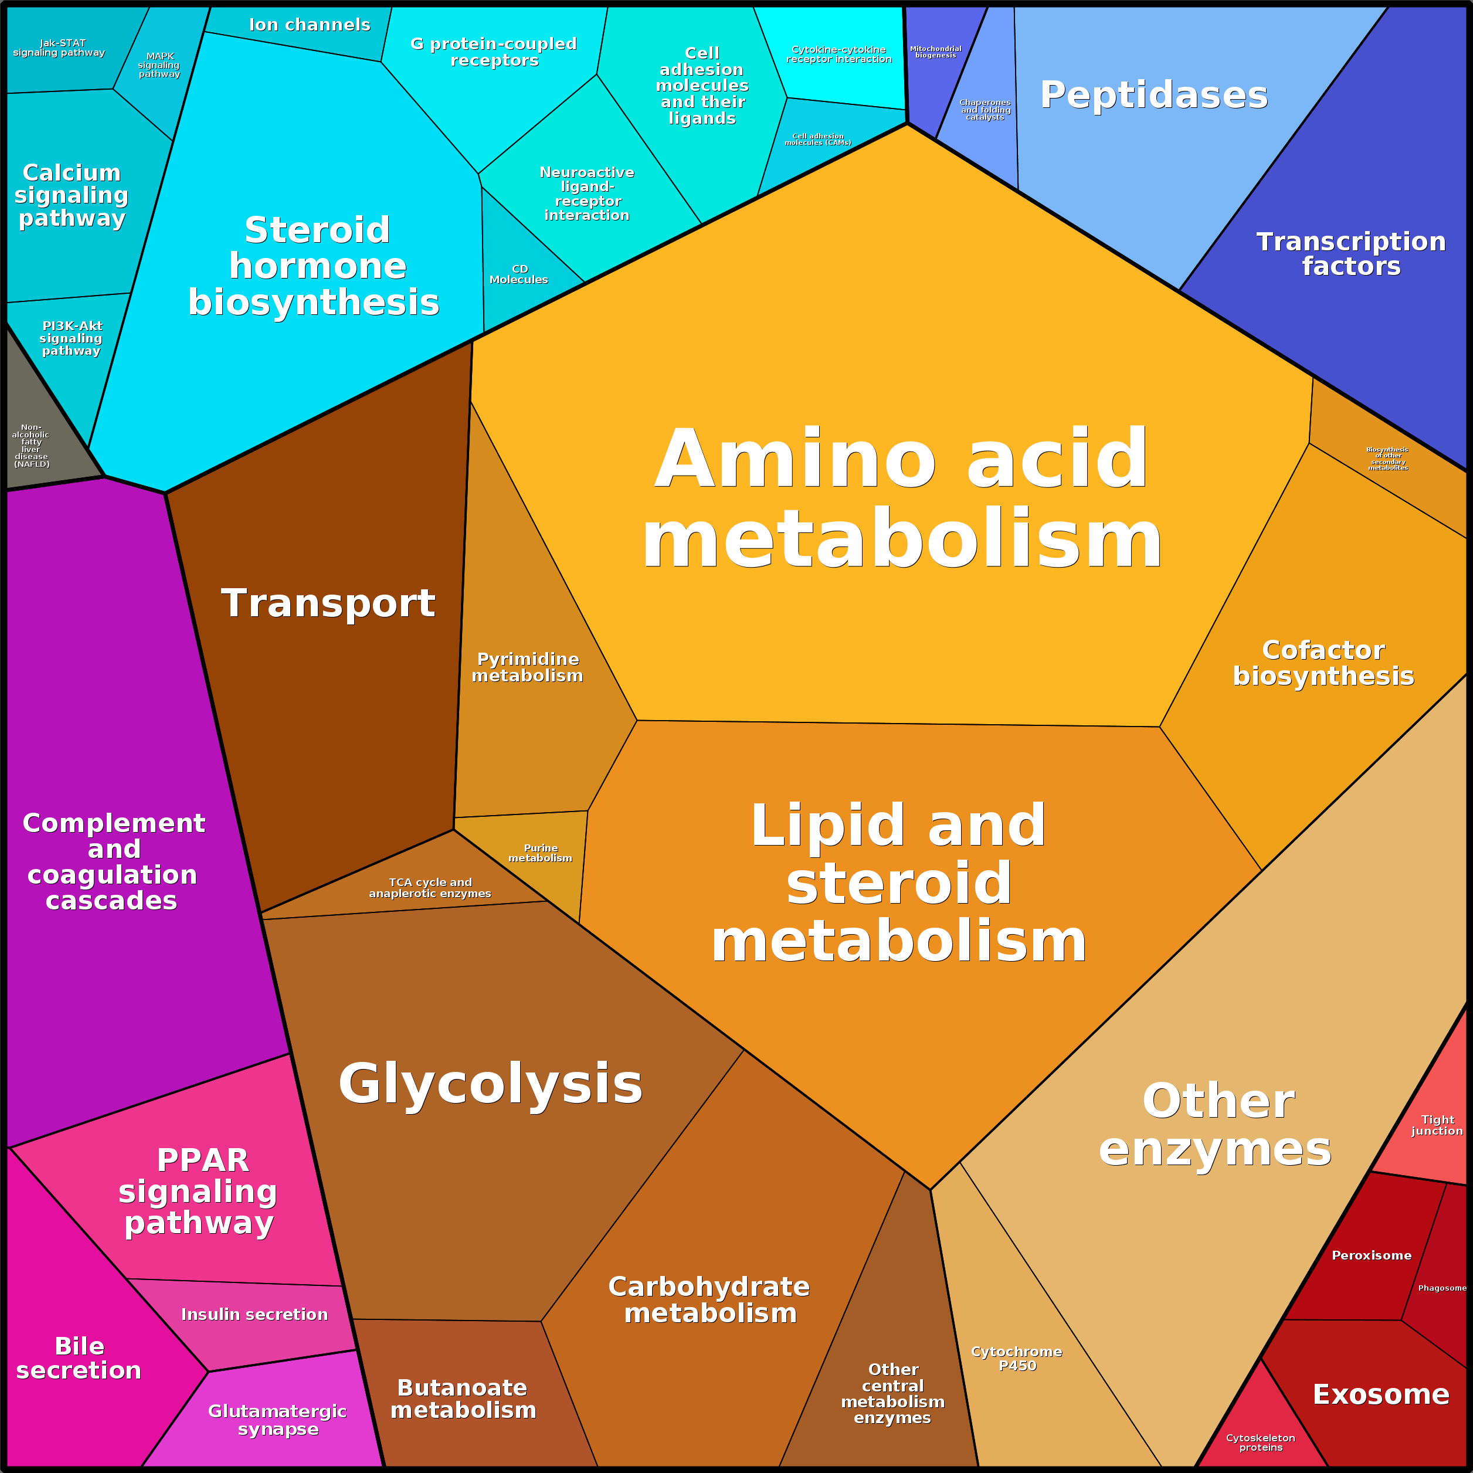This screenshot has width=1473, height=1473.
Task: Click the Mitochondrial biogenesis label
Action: [x=935, y=52]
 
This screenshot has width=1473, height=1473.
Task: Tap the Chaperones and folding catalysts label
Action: [x=985, y=110]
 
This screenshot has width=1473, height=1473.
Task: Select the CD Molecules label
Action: [x=519, y=274]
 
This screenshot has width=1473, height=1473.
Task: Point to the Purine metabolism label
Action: [x=541, y=853]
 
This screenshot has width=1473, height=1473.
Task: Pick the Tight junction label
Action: [x=1437, y=1125]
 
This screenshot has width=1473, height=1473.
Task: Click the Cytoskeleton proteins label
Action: [x=1260, y=1443]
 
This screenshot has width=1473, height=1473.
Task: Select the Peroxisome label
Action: [x=1372, y=1255]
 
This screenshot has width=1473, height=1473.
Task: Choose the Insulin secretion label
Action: [x=254, y=1315]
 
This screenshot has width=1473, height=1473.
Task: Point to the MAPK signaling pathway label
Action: [x=159, y=65]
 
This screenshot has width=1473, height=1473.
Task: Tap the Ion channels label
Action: [x=310, y=25]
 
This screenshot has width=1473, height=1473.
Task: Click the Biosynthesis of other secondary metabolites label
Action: [x=1387, y=458]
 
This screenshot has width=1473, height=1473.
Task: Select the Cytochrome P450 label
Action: [x=1016, y=1358]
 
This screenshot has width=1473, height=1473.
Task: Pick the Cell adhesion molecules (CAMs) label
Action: [x=818, y=140]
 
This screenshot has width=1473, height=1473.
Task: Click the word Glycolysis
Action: [x=490, y=1084]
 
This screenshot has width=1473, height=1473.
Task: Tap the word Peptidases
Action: [x=1153, y=96]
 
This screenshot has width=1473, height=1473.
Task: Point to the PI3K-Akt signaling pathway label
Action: [x=71, y=338]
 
